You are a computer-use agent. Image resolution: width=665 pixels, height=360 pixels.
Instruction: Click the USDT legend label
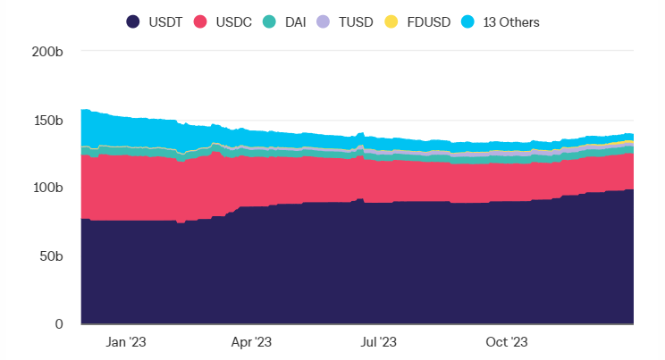click(x=164, y=21)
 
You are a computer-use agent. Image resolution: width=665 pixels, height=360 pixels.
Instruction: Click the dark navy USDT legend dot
click(x=133, y=21)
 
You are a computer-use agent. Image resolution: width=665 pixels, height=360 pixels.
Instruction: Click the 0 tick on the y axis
click(x=58, y=324)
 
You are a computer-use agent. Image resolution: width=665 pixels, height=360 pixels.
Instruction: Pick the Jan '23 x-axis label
click(x=125, y=342)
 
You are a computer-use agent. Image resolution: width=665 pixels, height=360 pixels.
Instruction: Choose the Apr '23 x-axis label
click(x=251, y=342)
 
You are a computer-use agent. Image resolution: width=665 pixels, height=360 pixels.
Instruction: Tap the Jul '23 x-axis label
click(x=378, y=342)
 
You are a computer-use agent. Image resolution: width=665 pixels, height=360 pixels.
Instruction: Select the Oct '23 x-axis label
click(x=507, y=342)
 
